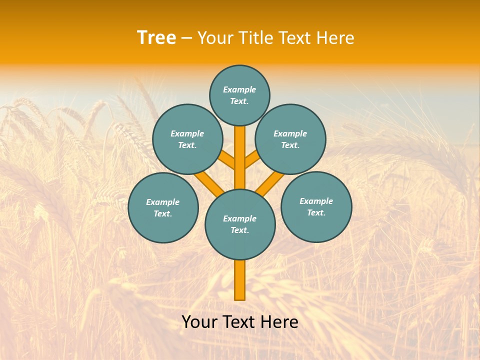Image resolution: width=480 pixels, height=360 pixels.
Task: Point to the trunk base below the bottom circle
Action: click(240, 280)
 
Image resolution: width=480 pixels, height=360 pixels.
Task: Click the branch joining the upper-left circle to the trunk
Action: click(226, 160)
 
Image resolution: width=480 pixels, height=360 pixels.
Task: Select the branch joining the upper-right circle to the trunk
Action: click(253, 160)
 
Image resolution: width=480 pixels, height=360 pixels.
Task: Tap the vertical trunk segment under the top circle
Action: click(240, 150)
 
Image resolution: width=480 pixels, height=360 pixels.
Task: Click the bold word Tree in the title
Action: click(156, 38)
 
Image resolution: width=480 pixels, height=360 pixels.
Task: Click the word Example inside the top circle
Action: click(239, 90)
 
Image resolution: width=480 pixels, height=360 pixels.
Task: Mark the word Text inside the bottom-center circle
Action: click(239, 230)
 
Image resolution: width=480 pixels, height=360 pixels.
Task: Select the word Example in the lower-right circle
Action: click(316, 201)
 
